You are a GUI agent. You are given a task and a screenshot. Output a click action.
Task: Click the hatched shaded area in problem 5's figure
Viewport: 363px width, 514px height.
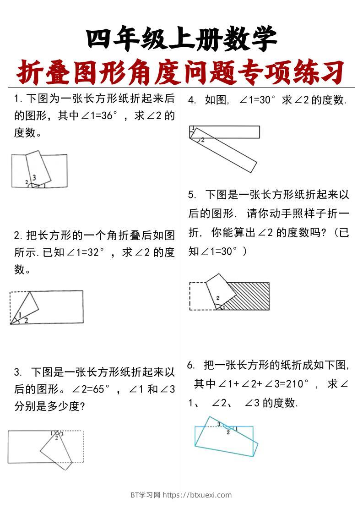tap(249, 295)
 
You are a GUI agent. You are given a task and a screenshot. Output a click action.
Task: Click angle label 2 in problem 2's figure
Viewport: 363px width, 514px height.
tap(26, 320)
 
